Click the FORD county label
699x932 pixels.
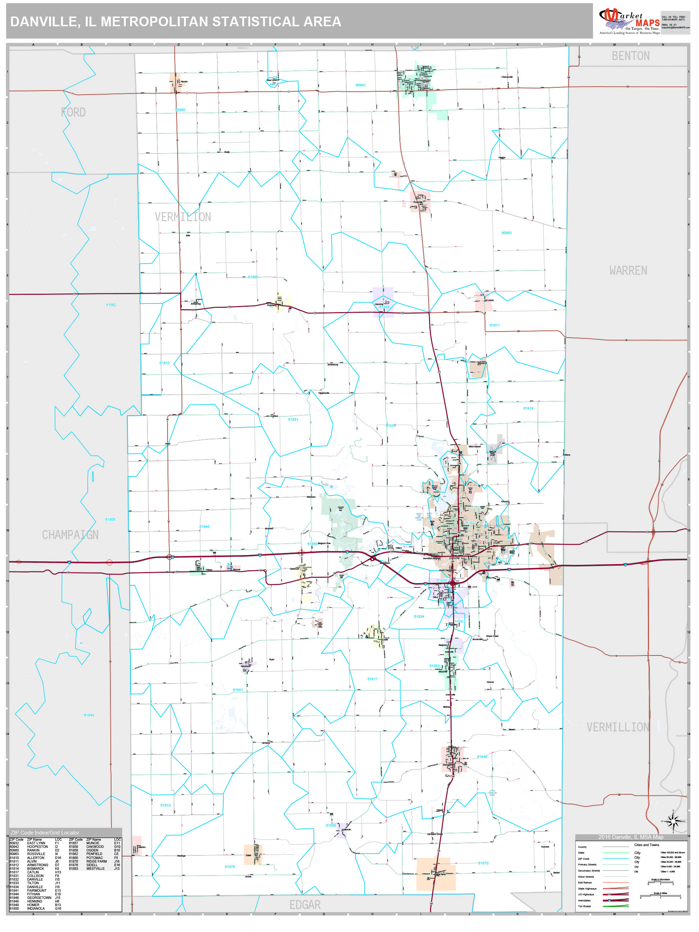(73, 113)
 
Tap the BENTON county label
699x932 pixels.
(630, 56)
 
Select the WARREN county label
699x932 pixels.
(628, 270)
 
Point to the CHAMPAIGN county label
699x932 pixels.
(70, 535)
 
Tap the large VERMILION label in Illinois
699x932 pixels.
(183, 217)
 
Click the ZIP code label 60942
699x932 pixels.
(360, 85)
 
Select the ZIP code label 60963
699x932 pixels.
(506, 233)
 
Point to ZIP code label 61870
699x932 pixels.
(483, 863)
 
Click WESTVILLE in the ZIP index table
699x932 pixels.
(95, 868)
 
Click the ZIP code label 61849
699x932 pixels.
(89, 715)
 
